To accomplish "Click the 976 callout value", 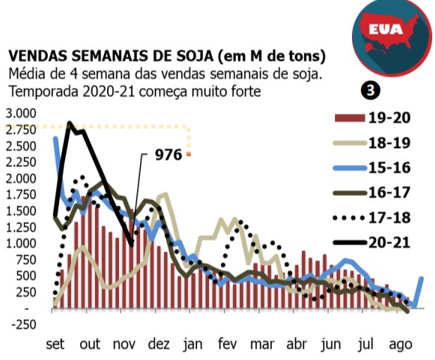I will coord(168,154).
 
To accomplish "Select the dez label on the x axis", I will coord(160,345).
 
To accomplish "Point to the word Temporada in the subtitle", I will coord(39,92).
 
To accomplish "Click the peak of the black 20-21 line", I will coord(69,123).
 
